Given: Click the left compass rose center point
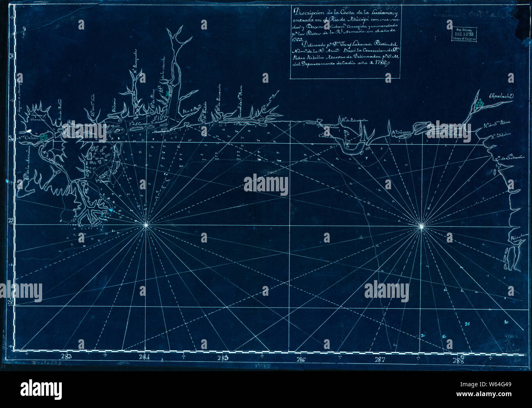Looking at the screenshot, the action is point(146,225).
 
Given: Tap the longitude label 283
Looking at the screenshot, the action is point(66,356).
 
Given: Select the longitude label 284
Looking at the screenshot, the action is point(144,356).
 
